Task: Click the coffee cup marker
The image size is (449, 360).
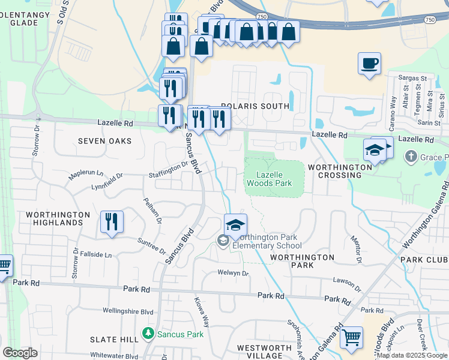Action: click(369, 63)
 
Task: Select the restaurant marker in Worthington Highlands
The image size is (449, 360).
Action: click(112, 221)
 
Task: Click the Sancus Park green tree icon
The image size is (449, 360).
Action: click(147, 332)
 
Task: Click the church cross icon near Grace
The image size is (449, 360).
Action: click(411, 158)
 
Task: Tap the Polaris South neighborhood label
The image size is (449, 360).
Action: click(255, 106)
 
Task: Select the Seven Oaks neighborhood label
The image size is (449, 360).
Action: click(104, 140)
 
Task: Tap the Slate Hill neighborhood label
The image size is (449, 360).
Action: click(114, 340)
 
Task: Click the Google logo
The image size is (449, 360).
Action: click(20, 353)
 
